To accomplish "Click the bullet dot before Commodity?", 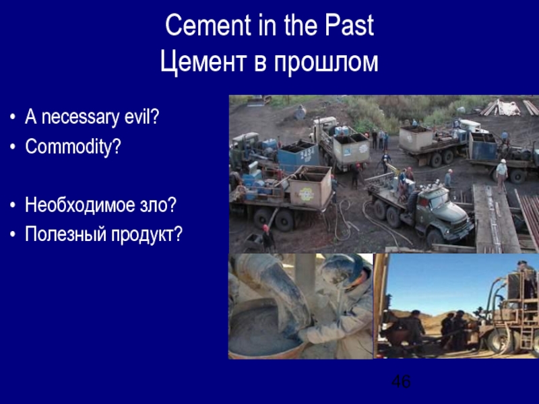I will click(x=14, y=147).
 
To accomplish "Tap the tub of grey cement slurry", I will click(x=263, y=330).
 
